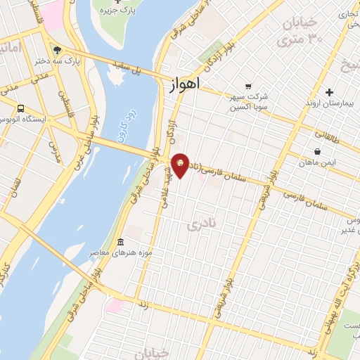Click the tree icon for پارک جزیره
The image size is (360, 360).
click(117, 2)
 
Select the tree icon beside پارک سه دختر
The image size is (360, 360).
click(57, 51)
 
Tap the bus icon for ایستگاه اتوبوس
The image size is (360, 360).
click(21, 109)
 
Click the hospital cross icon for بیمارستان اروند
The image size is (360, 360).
click(329, 92)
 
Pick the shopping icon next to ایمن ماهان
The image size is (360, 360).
click(317, 150)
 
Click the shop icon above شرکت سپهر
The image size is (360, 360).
click(247, 86)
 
